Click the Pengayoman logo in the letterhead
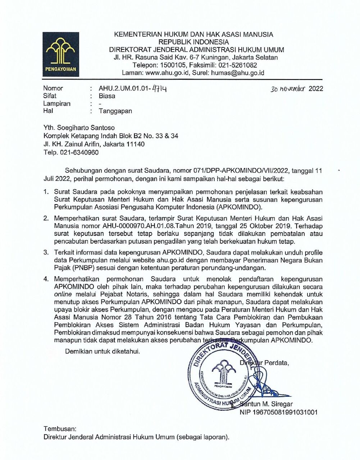pyautogui.click(x=61, y=54)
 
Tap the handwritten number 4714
pyautogui.click(x=160, y=88)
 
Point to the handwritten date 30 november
pyautogui.click(x=288, y=89)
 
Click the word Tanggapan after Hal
pyautogui.click(x=115, y=111)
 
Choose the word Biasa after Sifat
pyautogui.click(x=107, y=96)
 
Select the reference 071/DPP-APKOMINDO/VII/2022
pyautogui.click(x=240, y=170)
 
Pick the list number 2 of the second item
pyautogui.click(x=46, y=218)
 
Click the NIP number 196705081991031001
pyautogui.click(x=278, y=412)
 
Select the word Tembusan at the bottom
pyautogui.click(x=60, y=429)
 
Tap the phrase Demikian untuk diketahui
pyautogui.click(x=102, y=351)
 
